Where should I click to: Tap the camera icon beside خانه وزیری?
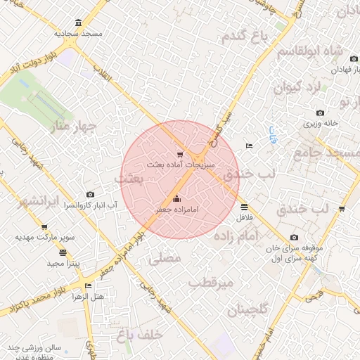click(321, 112)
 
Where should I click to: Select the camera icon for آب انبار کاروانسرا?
click(91, 194)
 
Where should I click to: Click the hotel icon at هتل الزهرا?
click(88, 286)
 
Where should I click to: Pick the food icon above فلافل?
click(244, 207)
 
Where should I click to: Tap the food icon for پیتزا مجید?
click(63, 252)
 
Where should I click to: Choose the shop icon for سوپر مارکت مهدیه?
click(44, 228)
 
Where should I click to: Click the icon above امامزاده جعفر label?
click(176, 198)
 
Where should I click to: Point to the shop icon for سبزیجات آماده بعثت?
click(180, 154)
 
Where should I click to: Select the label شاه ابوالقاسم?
click(309, 52)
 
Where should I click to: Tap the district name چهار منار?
click(69, 127)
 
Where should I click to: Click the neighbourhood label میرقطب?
click(211, 283)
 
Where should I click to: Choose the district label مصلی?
click(167, 259)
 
